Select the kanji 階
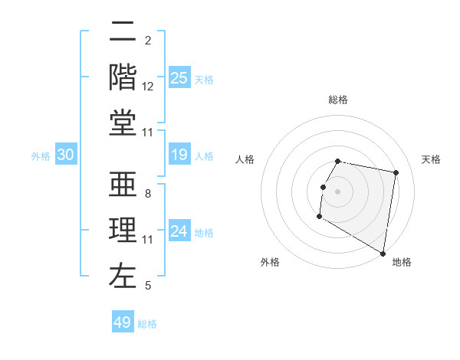(123, 76)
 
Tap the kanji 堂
(123, 122)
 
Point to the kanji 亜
(123, 185)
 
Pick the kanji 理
(123, 231)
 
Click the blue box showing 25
(179, 77)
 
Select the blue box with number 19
(179, 155)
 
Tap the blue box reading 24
(179, 231)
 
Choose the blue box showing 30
(66, 155)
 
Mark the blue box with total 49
(123, 322)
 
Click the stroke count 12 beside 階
(148, 87)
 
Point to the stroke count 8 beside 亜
(148, 194)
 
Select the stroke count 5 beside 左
(148, 286)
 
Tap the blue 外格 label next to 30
(41, 156)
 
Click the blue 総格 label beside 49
(147, 324)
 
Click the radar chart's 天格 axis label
(431, 159)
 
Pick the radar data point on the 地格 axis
(383, 254)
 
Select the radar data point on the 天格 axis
(396, 173)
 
